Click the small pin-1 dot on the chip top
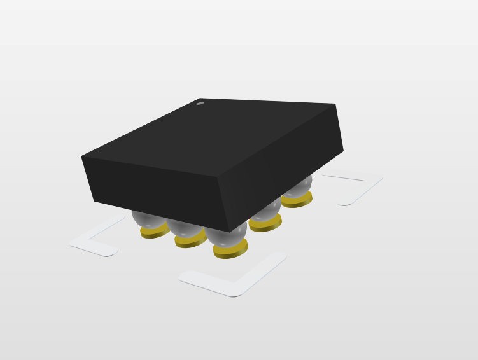[x=200, y=103]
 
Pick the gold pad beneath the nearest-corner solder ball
[x=230, y=251]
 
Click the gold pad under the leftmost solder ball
[x=153, y=232]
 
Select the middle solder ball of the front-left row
[x=185, y=228]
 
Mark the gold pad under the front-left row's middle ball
[x=190, y=241]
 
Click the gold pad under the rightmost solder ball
[x=297, y=200]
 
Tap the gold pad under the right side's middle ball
[x=265, y=223]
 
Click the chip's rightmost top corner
[x=335, y=104]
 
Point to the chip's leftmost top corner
[x=81, y=156]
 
